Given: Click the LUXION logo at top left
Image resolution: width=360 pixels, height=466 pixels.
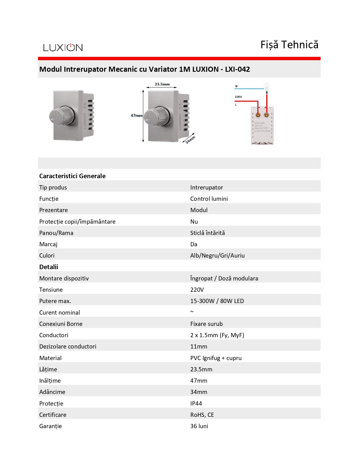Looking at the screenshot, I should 63,47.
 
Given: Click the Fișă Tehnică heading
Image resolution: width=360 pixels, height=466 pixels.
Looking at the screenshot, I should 289,45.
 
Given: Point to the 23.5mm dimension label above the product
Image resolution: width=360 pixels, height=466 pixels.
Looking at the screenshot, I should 162,84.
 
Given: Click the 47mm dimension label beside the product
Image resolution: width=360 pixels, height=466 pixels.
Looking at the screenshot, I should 136,116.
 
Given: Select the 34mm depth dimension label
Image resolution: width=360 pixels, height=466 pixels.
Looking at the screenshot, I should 190,140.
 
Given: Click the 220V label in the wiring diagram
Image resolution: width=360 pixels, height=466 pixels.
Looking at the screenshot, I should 238,97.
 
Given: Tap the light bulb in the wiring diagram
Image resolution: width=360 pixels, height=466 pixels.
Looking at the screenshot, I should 267,86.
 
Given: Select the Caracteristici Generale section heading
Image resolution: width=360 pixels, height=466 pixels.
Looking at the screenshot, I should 72,176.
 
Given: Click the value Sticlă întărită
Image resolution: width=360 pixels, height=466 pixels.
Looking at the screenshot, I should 208,233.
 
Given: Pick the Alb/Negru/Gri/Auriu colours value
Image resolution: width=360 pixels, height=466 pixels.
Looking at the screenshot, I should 217,256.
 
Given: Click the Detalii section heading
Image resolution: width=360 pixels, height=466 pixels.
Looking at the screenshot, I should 49,267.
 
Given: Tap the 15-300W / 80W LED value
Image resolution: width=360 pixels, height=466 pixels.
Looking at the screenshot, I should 217,301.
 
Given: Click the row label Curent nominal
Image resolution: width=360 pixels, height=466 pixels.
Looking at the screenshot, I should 60,313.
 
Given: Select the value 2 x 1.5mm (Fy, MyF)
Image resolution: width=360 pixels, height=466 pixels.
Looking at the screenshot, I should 217,335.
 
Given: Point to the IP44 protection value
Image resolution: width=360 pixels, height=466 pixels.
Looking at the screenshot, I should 196,404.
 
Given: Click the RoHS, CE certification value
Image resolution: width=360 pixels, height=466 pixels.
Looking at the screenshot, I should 202,415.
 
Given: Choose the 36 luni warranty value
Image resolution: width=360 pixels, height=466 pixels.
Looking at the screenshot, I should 199,426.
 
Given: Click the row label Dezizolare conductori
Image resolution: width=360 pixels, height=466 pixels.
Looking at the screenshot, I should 68,347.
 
